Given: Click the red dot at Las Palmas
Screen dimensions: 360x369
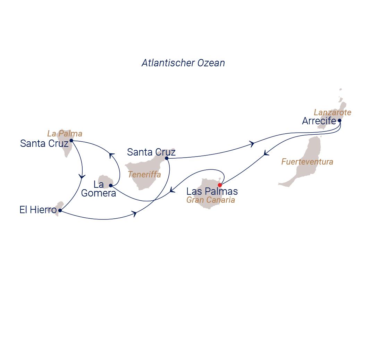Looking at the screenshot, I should click(220, 185).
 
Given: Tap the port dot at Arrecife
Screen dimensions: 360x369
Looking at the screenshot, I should click(339, 121).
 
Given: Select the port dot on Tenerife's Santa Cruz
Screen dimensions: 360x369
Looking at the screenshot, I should click(167, 158).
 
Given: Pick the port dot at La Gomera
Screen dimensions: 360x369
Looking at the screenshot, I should click(111, 185).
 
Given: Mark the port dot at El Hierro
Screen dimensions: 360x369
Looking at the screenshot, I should click(60, 210).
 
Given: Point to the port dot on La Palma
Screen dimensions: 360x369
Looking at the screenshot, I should click(71, 141).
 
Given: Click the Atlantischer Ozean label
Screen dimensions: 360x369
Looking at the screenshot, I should click(183, 63).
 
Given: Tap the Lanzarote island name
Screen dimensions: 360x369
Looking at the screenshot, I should click(333, 112).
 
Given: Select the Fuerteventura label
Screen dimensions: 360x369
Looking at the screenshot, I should click(307, 162).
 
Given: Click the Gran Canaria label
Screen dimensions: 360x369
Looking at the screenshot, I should click(211, 200).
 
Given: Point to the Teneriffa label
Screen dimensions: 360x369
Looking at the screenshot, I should click(144, 175).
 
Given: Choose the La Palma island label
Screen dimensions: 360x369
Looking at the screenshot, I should click(65, 134).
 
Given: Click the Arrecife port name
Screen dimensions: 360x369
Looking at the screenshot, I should click(319, 121).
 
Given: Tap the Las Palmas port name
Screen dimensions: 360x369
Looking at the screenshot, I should click(212, 191).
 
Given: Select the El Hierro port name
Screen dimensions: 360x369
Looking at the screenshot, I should click(38, 210).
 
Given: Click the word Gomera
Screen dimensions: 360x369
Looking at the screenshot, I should click(99, 193).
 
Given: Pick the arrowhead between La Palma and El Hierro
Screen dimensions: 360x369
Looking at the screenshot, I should click(82, 176).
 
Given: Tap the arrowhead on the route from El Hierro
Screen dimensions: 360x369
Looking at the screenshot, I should click(134, 214).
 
